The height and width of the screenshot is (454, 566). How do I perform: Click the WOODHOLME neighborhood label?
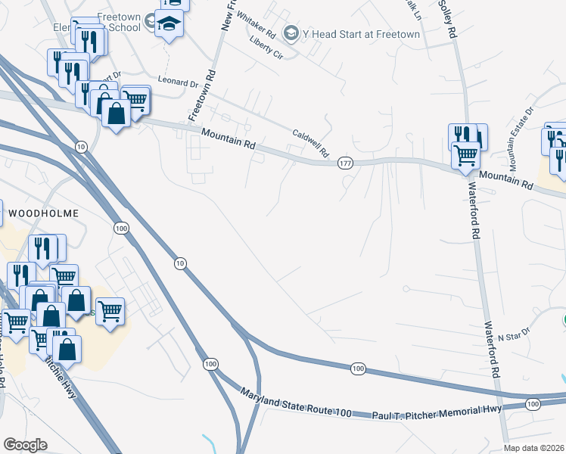[42, 213]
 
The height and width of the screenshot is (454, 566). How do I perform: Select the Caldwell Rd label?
[310, 143]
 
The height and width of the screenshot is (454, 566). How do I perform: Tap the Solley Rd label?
[446, 19]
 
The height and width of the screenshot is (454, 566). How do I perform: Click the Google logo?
[25, 445]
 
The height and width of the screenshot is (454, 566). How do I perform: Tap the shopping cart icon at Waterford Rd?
[465, 154]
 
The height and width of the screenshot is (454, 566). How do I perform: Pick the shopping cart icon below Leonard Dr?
[134, 99]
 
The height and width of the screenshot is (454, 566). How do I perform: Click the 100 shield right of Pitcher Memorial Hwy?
[533, 405]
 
